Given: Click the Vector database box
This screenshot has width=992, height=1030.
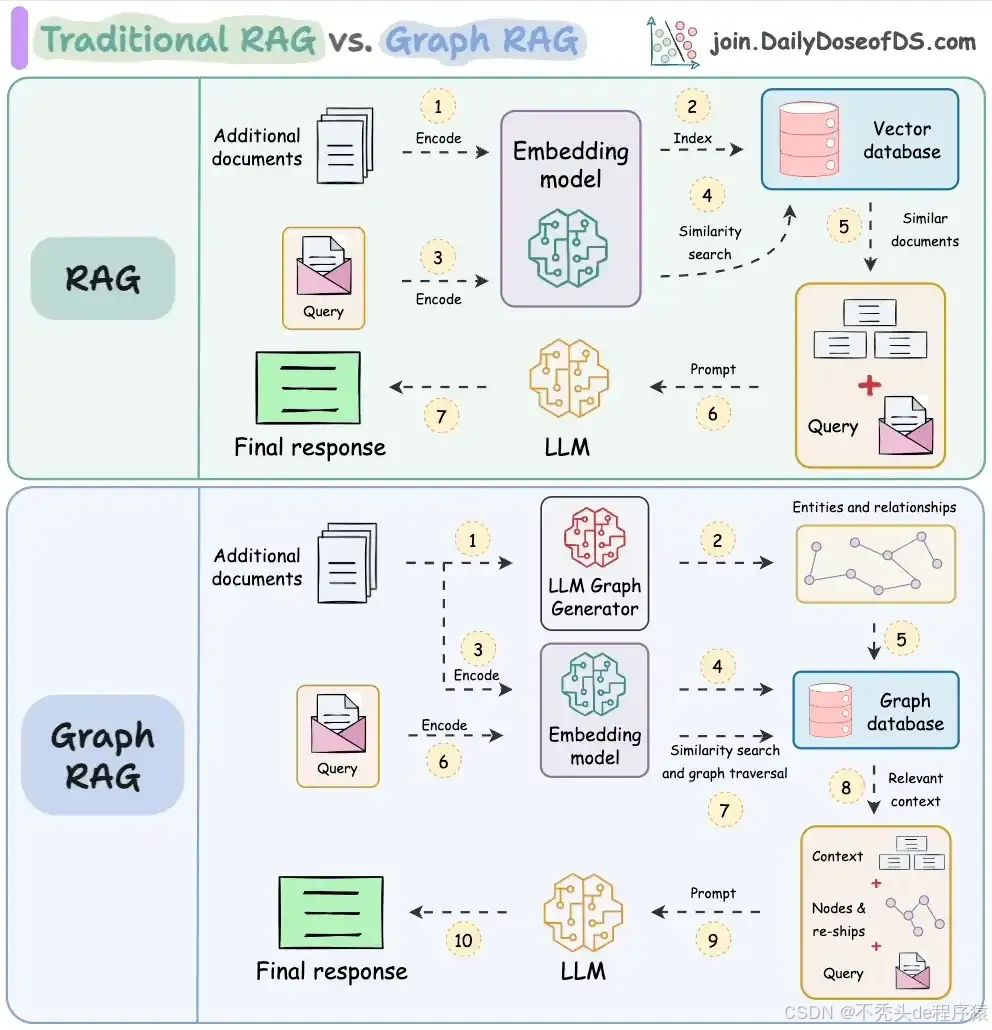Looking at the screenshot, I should click(859, 140).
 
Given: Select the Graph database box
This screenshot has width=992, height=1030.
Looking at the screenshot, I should click(875, 711).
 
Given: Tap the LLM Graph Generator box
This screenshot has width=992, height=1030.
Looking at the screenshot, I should click(594, 563).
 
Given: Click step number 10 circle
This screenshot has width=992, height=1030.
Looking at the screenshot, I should click(463, 940).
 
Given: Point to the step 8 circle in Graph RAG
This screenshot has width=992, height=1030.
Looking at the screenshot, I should click(846, 788).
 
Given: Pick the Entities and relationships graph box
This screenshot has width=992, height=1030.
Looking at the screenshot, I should click(875, 564).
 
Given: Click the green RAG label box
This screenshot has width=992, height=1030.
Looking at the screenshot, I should click(102, 278).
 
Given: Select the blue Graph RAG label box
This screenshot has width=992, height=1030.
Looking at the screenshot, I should click(102, 755).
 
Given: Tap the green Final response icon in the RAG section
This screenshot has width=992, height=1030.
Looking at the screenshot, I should click(308, 387).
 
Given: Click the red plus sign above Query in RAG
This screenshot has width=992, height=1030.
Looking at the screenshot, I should click(870, 385).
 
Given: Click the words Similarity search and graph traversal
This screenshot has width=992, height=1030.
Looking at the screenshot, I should click(724, 762).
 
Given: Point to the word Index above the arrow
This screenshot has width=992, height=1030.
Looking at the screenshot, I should click(692, 138).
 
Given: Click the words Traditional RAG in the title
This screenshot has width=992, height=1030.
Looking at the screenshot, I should click(178, 40).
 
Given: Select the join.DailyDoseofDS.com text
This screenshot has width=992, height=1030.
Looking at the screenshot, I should click(842, 42).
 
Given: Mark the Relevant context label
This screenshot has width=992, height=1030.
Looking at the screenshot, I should click(915, 790).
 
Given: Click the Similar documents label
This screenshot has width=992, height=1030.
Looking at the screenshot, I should click(924, 230).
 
